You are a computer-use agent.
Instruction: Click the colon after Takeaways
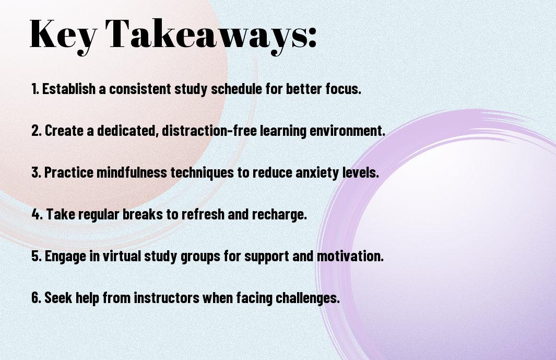click(x=312, y=37)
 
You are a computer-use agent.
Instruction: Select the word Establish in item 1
click(x=69, y=89)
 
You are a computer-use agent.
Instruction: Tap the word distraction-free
click(x=209, y=131)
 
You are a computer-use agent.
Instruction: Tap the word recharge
click(x=279, y=215)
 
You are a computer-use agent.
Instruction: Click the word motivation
click(x=350, y=256)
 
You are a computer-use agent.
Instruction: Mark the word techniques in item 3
click(x=202, y=173)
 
